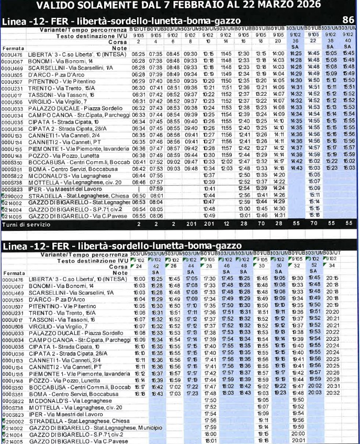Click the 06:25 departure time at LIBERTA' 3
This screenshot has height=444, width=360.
tap(138, 53)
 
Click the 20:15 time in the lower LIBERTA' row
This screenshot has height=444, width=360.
tap(332, 279)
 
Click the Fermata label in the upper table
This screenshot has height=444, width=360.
tap(13, 48)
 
